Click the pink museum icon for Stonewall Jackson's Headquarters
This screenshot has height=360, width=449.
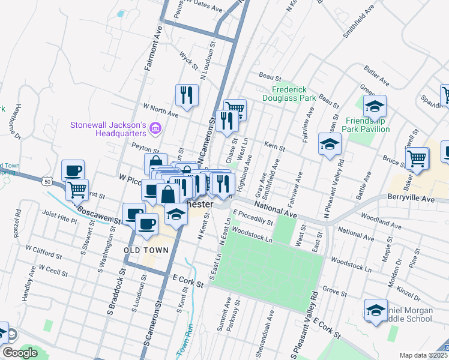155,128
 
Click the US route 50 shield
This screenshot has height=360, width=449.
46,180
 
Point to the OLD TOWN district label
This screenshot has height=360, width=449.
143,249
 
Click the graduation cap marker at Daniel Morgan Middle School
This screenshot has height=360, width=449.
376,310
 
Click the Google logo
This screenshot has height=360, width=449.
20,353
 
